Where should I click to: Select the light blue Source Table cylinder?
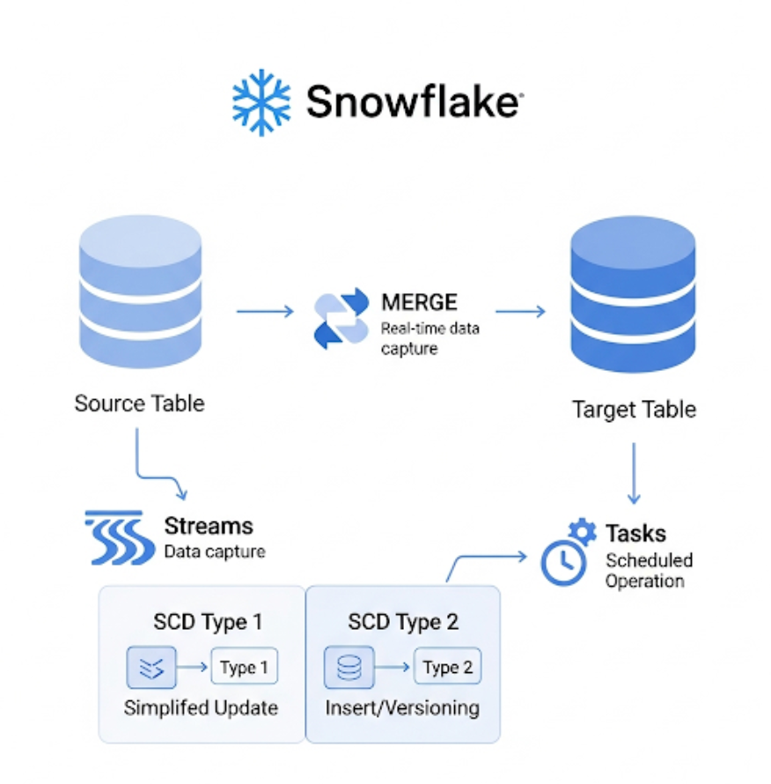[x=141, y=294]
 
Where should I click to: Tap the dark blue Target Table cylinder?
[x=633, y=297]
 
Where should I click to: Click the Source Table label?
[x=139, y=403]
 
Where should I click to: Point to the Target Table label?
[x=634, y=410]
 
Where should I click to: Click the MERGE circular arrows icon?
[x=341, y=317]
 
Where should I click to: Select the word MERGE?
[x=419, y=303]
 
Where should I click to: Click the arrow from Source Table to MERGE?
[x=265, y=310]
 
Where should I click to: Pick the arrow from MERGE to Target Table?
[x=520, y=311]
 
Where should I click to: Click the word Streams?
[x=209, y=527]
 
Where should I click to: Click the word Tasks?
[x=635, y=533]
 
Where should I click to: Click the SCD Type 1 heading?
[x=208, y=622]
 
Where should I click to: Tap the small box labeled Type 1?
[x=244, y=667]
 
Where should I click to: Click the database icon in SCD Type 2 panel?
[x=349, y=667]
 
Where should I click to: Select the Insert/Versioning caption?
[x=402, y=708]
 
